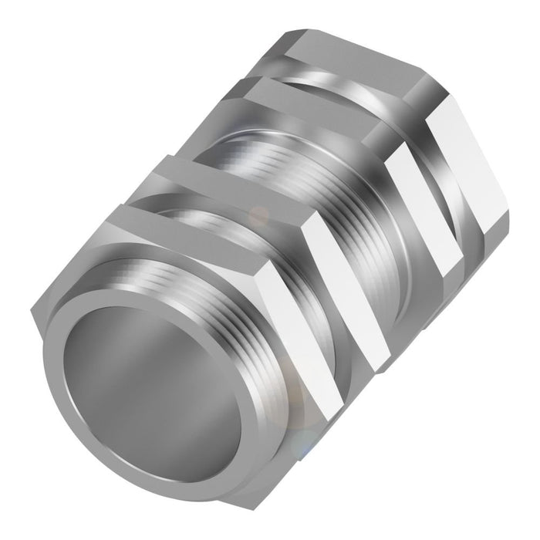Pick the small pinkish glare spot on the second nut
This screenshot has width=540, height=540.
(262, 212)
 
